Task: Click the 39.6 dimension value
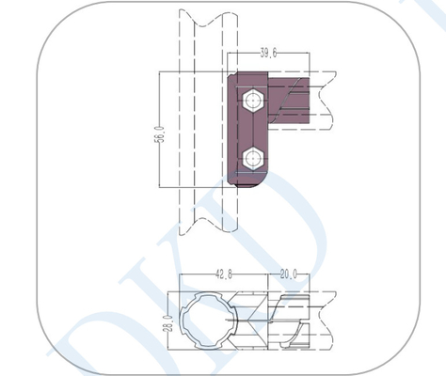(x=268, y=53)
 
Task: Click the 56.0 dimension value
(x=160, y=133)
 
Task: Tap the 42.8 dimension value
(x=224, y=274)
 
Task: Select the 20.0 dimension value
(x=289, y=274)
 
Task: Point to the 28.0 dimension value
(x=168, y=323)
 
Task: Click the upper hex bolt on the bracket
(x=253, y=101)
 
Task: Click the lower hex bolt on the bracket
(x=253, y=159)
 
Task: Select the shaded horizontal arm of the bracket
(x=289, y=101)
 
